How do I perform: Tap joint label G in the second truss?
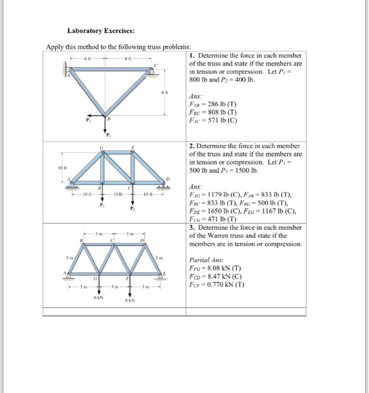point(101,148)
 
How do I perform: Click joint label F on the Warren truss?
point(128,278)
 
